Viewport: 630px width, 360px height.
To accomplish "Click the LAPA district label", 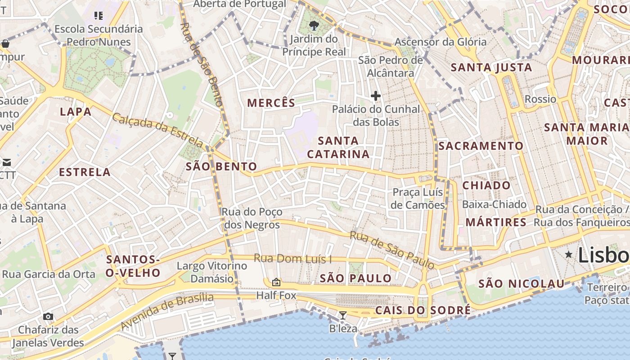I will tap(76, 112).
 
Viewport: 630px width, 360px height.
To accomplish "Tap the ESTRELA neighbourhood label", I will tap(85, 172).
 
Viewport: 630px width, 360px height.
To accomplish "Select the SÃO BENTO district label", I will tap(221, 166).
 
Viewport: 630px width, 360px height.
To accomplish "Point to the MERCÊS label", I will tap(271, 103).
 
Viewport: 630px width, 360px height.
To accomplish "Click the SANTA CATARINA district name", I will tap(338, 148).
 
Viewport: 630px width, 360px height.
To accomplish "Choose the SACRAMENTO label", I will tap(481, 146).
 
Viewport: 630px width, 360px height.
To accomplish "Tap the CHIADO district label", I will tap(486, 185).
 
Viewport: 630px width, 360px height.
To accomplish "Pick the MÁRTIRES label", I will tap(496, 222).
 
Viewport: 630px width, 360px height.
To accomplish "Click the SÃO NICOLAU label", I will tap(521, 283).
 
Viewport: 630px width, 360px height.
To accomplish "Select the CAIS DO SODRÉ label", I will tap(423, 310).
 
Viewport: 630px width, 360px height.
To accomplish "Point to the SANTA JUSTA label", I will tap(491, 67).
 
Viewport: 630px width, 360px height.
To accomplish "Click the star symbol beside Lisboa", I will tap(569, 255).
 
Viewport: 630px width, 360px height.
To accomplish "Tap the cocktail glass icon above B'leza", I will tap(342, 315).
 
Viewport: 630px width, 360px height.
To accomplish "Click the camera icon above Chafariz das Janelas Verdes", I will tap(48, 317).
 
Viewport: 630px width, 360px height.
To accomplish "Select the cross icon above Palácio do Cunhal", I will tap(375, 95).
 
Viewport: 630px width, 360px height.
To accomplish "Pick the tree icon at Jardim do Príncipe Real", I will tap(314, 26).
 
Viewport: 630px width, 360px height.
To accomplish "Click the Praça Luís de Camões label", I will tap(418, 198).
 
